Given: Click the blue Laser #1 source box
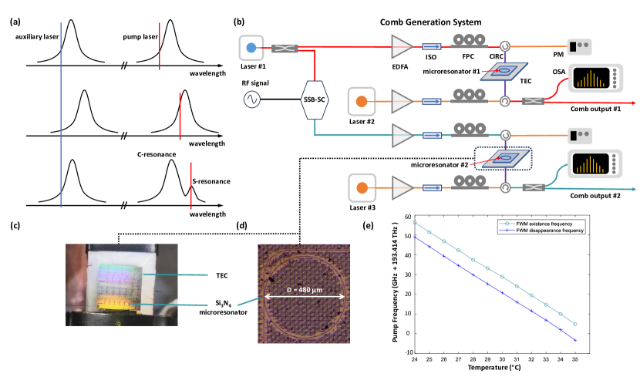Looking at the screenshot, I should [x=251, y=49].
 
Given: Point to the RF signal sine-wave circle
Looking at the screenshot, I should [x=251, y=99].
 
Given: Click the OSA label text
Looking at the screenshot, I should [x=558, y=72].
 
